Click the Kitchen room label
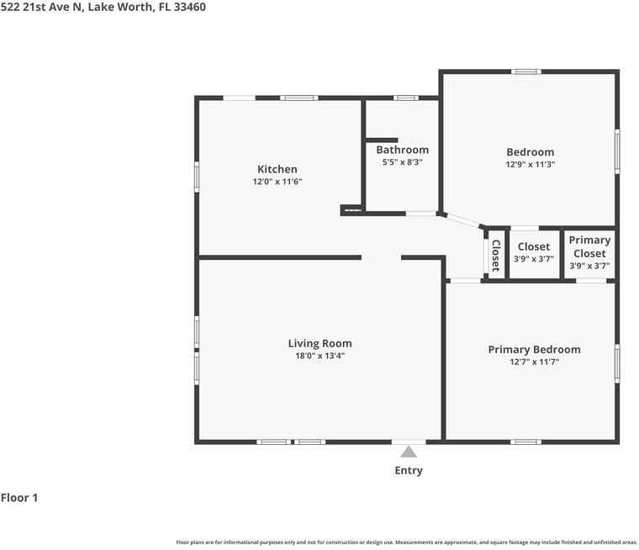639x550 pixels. coord(277,169)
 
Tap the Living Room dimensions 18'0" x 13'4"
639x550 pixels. coord(319,356)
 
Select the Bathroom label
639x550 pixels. coord(402,150)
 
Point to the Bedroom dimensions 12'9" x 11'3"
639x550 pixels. coord(531,164)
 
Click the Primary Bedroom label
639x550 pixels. coord(534,349)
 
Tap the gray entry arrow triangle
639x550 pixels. coord(409,452)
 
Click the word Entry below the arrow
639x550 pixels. coord(409,470)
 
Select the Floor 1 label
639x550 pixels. coord(19,498)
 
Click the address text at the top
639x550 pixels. coord(103,7)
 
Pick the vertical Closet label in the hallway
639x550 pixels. coord(496,255)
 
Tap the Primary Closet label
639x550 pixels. coord(589,246)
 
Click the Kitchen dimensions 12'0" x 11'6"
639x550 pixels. coord(277,182)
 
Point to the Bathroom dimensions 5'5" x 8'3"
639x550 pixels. coord(402,161)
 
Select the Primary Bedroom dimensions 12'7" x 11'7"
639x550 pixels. coord(534,362)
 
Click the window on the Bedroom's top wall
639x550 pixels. coord(526,71)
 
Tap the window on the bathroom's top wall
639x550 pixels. coord(405,98)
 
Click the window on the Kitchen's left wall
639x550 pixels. coord(197,177)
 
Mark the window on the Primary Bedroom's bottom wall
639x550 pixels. coord(525,442)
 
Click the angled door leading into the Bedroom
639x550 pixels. coord(462,220)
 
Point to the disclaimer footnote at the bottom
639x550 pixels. coord(407,542)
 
